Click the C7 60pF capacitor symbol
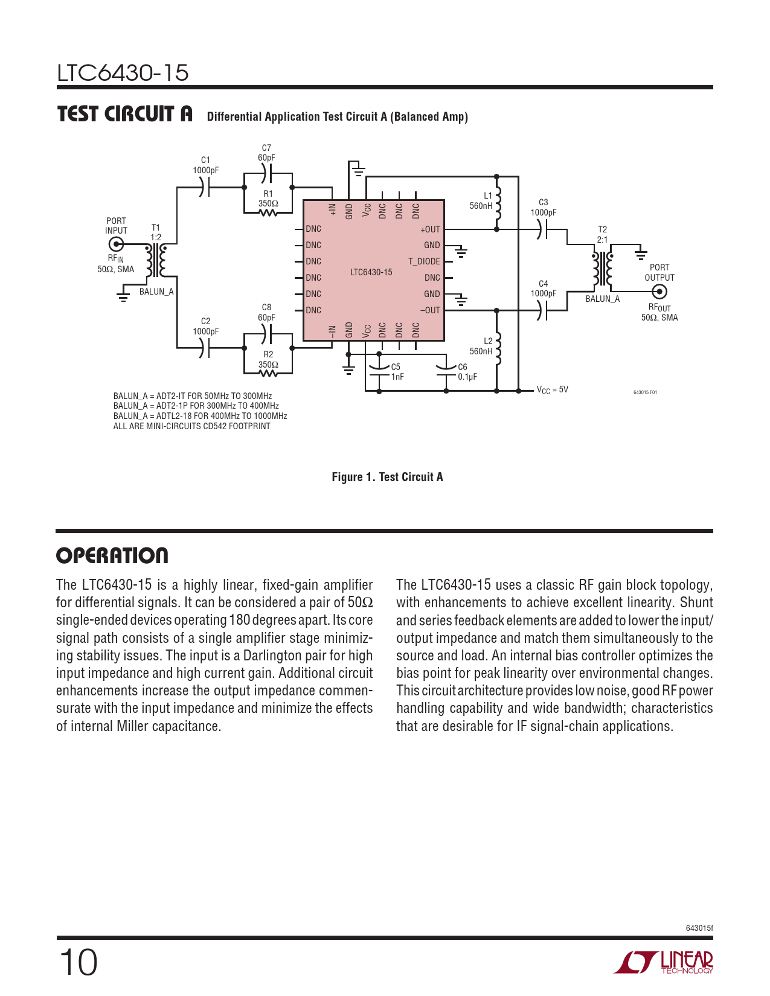coord(268,174)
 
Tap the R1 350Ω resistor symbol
coord(268,212)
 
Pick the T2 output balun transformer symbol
coord(603,269)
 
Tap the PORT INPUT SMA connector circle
coord(116,244)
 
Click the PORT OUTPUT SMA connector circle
coord(659,292)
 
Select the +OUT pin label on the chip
coord(430,229)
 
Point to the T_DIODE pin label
coord(424,261)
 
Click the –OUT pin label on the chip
coord(430,310)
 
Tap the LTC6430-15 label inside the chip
coord(371,272)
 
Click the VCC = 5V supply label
coord(552,390)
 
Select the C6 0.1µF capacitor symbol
coord(446,369)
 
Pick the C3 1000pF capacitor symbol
coord(542,229)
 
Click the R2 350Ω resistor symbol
coord(268,373)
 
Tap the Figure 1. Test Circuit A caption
coord(387,477)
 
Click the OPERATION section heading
coord(112,555)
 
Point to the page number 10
coord(78,962)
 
